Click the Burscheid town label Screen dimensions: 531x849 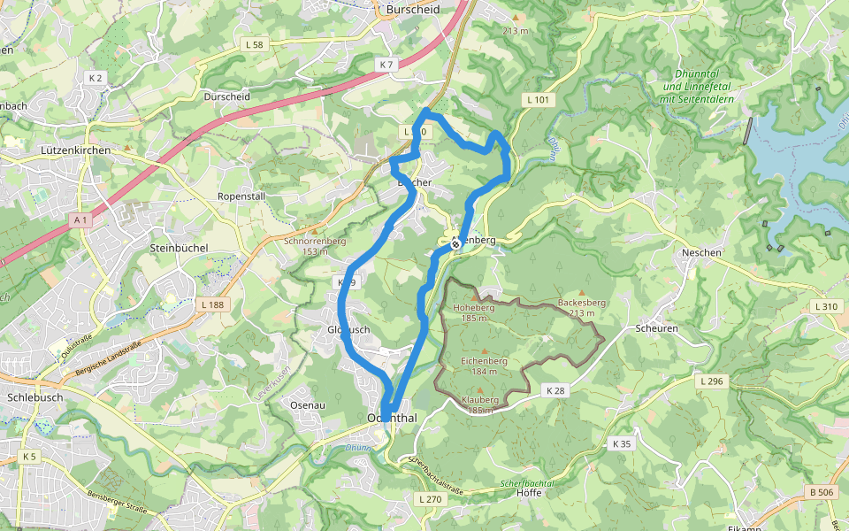click(413, 10)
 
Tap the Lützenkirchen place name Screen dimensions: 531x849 click(76, 151)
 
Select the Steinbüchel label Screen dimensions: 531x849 click(179, 248)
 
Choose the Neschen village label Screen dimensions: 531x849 click(702, 252)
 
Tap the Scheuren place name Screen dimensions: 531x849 click(656, 327)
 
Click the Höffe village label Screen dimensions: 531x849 click(528, 493)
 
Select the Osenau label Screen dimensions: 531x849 click(309, 404)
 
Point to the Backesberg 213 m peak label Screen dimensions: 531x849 click(582, 307)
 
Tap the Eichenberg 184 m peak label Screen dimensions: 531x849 click(484, 366)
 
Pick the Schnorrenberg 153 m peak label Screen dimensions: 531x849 click(314, 245)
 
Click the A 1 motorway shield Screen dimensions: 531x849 click(80, 219)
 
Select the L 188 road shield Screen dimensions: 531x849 click(213, 304)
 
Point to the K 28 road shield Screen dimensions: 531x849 click(555, 390)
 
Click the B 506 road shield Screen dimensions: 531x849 click(822, 491)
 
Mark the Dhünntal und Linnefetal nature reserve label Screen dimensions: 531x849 click(698, 93)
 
